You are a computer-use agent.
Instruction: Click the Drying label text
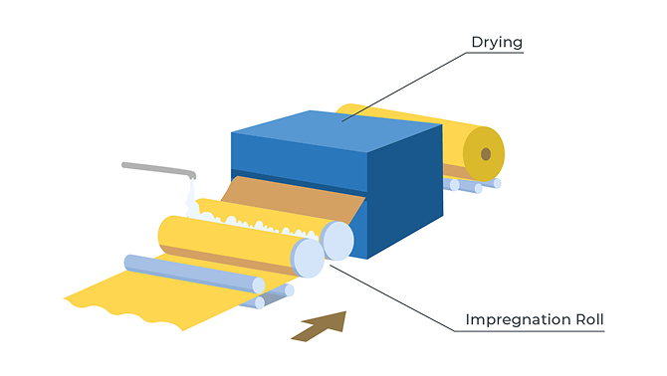497,43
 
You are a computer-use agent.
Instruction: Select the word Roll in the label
590,319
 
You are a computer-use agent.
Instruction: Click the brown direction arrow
319,326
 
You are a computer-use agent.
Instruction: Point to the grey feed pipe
158,169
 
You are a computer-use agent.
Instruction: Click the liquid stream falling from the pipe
191,197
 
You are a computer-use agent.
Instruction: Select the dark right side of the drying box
405,191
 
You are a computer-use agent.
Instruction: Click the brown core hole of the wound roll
486,154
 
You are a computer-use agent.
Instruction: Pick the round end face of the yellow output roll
484,154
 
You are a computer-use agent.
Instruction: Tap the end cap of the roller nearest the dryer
338,241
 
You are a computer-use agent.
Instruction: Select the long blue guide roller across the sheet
194,274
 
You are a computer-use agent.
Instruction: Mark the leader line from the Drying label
404,88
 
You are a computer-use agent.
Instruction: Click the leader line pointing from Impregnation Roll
392,298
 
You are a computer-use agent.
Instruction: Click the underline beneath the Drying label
495,53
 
